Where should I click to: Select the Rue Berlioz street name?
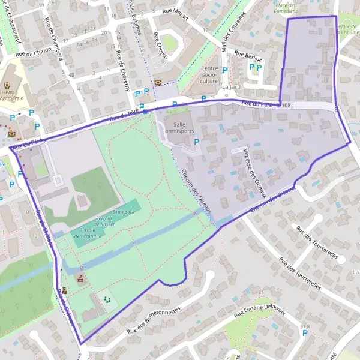[249, 56]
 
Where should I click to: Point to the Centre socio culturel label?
[210, 75]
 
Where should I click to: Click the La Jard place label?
[230, 87]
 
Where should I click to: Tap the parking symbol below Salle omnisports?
[196, 142]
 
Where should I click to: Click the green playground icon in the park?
[107, 299]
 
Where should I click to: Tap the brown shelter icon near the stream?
[80, 280]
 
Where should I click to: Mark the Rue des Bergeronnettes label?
[154, 322]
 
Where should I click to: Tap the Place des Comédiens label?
[286, 8]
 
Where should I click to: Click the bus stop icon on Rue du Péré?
[145, 112]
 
